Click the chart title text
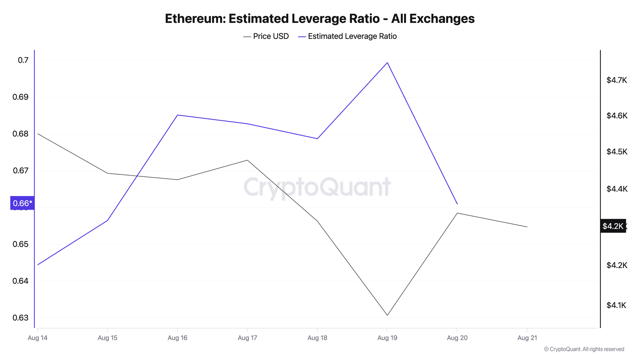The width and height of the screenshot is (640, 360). click(320, 19)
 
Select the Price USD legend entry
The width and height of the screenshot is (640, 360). click(266, 36)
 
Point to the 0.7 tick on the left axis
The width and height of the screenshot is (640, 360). click(23, 60)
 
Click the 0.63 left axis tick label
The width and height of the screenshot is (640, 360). click(20, 318)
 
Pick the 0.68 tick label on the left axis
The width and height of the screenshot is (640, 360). click(20, 134)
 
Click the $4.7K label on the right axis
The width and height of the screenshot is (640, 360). click(616, 80)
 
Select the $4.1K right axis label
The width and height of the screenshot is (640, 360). click(616, 306)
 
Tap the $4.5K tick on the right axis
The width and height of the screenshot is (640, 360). click(616, 152)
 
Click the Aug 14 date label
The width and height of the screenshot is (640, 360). click(38, 338)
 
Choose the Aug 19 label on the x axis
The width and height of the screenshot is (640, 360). click(387, 338)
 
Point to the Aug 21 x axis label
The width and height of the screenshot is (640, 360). click(527, 338)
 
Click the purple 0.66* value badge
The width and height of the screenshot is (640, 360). click(22, 203)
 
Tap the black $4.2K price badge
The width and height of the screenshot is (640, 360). click(613, 226)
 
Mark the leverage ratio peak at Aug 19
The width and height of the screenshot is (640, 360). click(387, 62)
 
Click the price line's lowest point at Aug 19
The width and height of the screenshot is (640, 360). click(387, 315)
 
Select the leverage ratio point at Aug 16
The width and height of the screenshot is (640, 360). click(178, 115)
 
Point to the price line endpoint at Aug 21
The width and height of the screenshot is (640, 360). click(527, 227)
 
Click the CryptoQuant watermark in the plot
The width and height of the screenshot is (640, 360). click(317, 187)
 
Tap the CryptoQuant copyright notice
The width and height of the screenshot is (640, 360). click(584, 349)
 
